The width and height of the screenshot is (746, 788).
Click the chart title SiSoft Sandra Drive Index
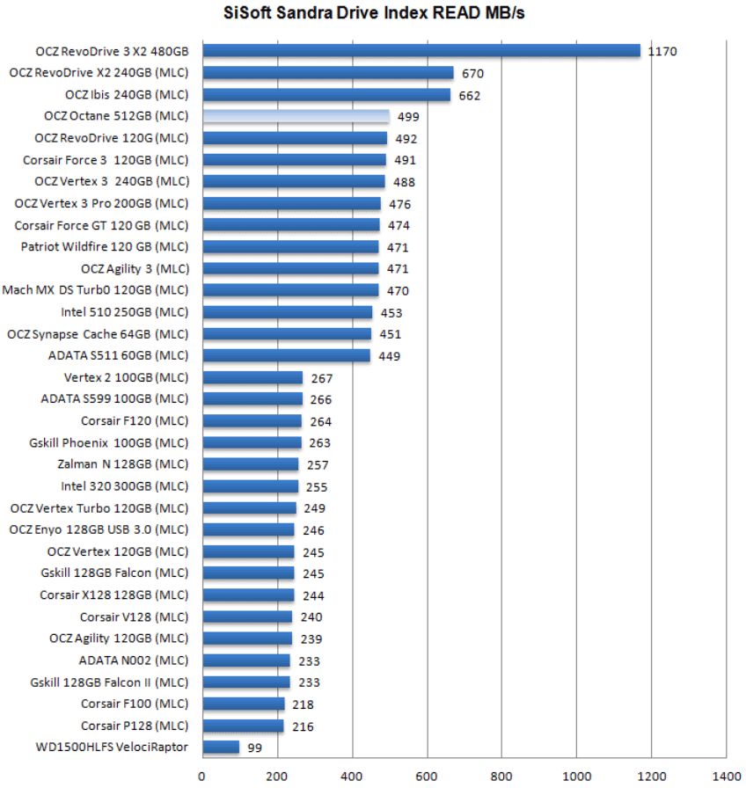coord(373,13)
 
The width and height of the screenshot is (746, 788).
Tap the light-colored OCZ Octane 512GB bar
coord(296,116)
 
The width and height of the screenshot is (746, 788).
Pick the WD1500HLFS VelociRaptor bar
coord(221,748)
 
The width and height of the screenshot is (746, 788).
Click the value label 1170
coord(662,52)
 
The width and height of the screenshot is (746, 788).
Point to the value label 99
coord(254,748)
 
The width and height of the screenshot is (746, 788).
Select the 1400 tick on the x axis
coord(725,777)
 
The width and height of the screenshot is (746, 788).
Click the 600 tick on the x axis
coord(427,777)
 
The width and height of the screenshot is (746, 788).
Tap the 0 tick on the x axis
coord(202,777)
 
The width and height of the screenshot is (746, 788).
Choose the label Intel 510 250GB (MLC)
coord(125,312)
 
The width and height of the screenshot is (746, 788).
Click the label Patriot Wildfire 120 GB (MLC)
coord(105,247)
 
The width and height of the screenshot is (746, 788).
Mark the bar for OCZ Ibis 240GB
coord(326,95)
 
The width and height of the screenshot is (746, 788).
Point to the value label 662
coord(470,95)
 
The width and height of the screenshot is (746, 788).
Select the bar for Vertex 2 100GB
coord(252,378)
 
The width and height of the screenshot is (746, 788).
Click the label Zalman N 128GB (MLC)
coord(122,464)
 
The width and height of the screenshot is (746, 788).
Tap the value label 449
coord(389,356)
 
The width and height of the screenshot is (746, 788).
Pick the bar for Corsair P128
coord(243,726)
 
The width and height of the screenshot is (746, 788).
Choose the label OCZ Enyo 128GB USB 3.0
coord(99,529)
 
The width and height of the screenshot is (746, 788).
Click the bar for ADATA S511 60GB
coord(286,356)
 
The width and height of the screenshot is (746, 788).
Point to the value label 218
coord(303,704)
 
